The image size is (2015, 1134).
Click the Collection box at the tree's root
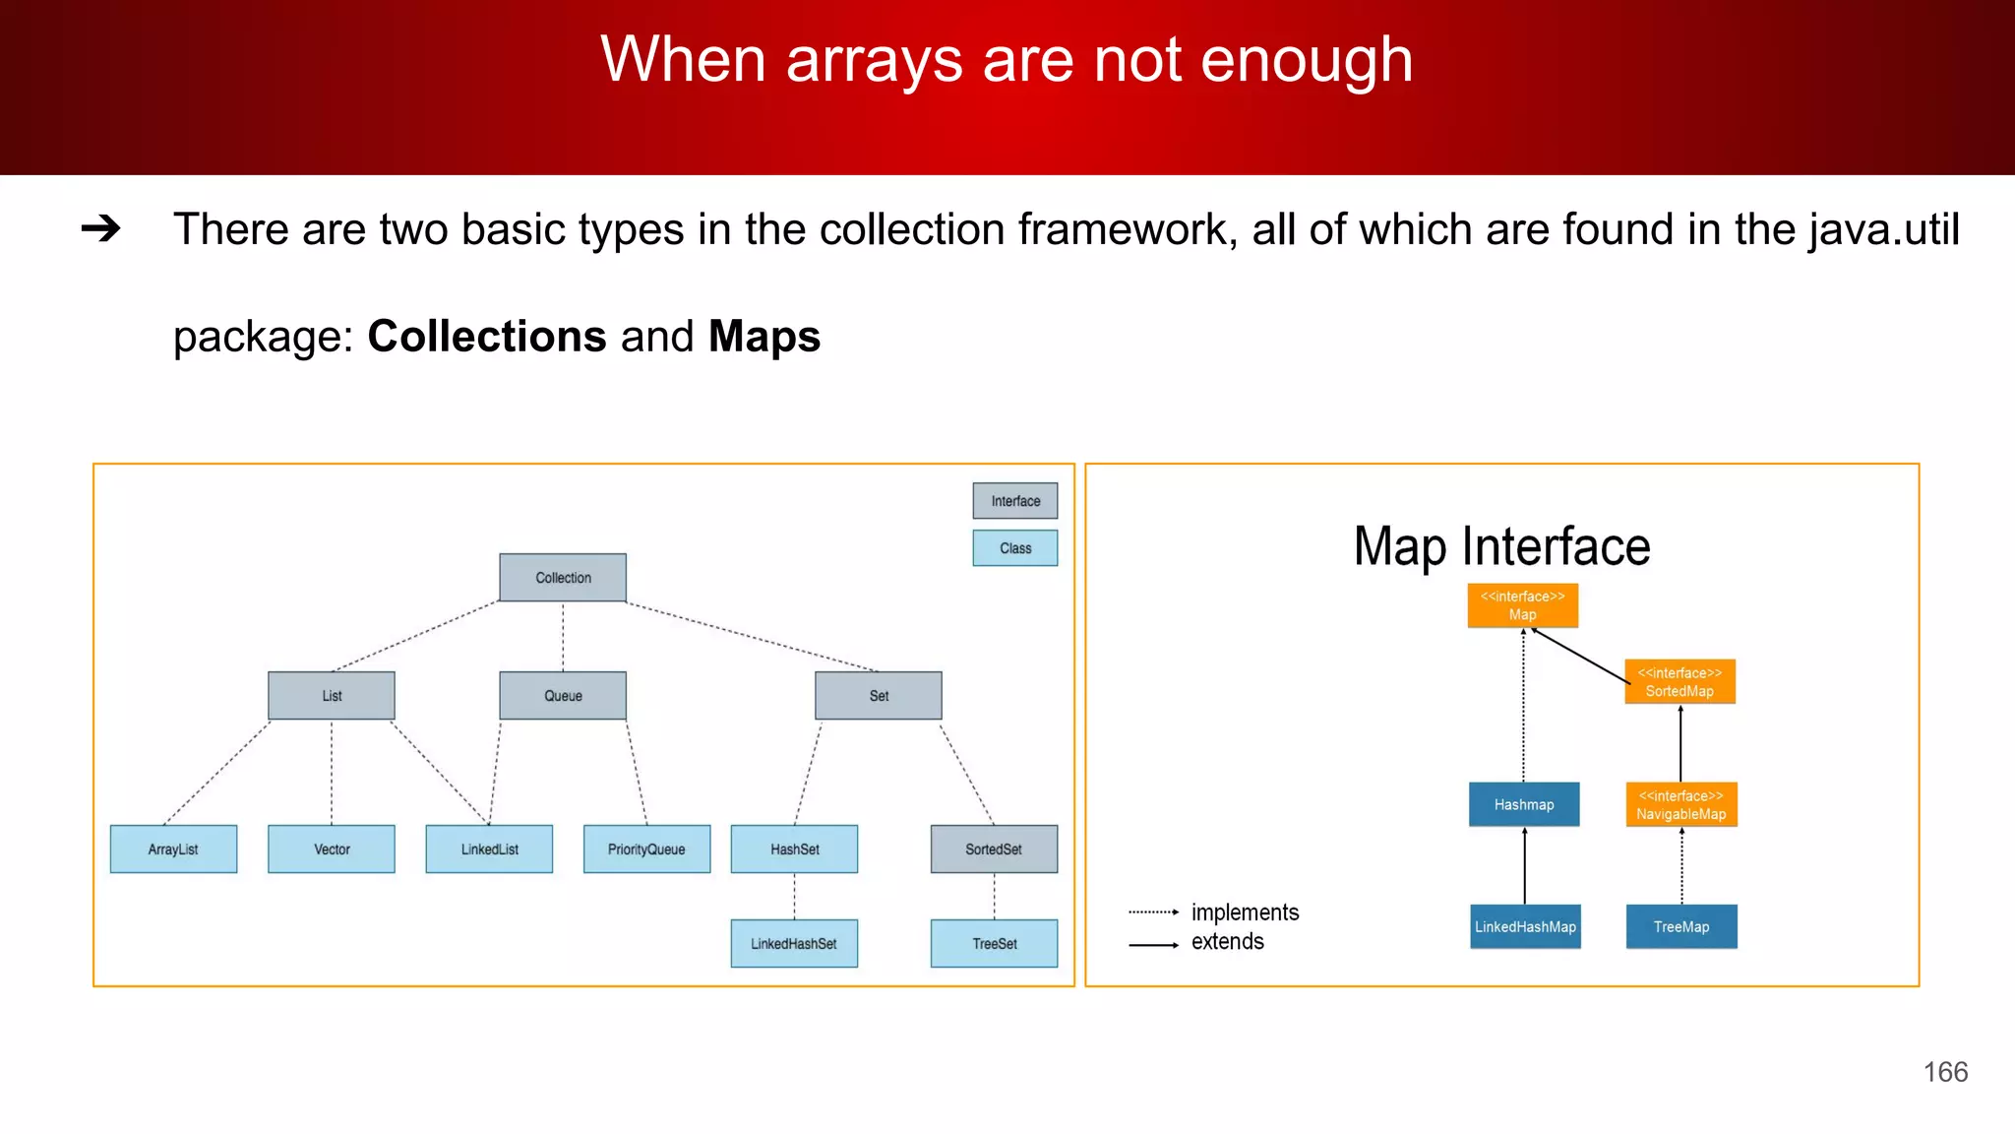[563, 578]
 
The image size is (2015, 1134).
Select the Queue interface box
[563, 696]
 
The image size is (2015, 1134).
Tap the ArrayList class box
[173, 850]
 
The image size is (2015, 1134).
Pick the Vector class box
[332, 850]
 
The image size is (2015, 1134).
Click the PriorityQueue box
[646, 850]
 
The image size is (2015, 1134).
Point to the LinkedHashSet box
[794, 944]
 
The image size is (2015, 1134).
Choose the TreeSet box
[994, 944]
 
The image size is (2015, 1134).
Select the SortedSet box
[994, 850]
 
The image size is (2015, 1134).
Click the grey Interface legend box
[1015, 501]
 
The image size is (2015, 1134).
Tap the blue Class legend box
[1015, 548]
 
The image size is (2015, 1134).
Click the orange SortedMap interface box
[1679, 682]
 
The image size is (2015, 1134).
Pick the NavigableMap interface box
[1680, 805]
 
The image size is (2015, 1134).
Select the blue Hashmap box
[1524, 805]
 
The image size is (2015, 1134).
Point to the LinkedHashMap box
[1525, 927]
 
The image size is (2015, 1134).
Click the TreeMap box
[1681, 927]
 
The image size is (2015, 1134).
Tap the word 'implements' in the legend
[1245, 913]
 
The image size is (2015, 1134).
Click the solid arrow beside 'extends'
[1153, 945]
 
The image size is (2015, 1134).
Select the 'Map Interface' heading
[1501, 547]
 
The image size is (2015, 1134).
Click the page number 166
[1945, 1072]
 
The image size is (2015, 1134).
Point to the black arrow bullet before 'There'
[100, 229]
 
